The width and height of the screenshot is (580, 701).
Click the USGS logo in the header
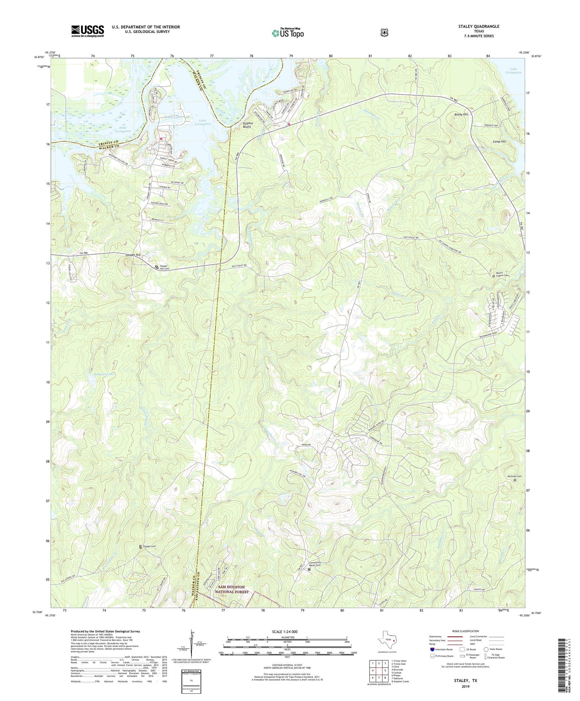point(88,31)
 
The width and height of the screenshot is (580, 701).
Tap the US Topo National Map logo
point(287,33)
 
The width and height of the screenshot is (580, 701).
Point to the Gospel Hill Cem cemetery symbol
point(157,267)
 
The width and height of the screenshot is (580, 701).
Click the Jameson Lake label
point(104,374)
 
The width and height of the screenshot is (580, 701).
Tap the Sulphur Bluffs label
point(247,125)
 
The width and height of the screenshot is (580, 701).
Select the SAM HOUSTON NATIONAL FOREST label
point(232,589)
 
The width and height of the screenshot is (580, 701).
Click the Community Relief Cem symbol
point(309,569)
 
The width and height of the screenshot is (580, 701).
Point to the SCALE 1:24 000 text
point(285,632)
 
